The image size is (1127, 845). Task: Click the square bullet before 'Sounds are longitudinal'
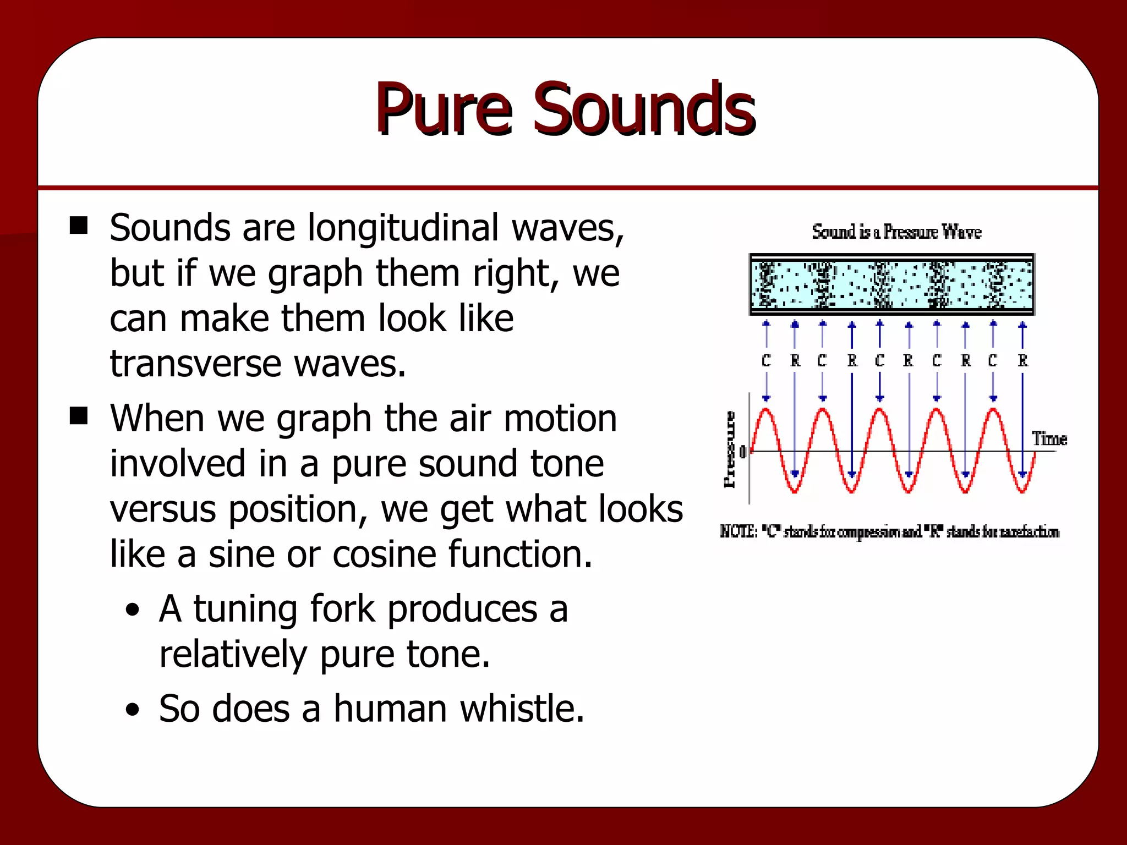pyautogui.click(x=79, y=225)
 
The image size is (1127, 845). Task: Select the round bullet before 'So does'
pyautogui.click(x=132, y=710)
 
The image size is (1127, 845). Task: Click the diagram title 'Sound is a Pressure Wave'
pyautogui.click(x=896, y=232)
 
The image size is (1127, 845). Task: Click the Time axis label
pyautogui.click(x=1049, y=439)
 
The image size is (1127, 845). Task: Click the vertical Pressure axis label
pyautogui.click(x=730, y=449)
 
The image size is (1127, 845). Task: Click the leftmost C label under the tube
pyautogui.click(x=766, y=361)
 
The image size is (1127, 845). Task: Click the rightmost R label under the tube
pyautogui.click(x=1022, y=361)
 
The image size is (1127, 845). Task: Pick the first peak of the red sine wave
pyautogui.click(x=766, y=409)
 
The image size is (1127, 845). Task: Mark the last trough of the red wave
pyautogui.click(x=1022, y=491)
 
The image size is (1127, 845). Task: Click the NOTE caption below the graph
pyautogui.click(x=889, y=532)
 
